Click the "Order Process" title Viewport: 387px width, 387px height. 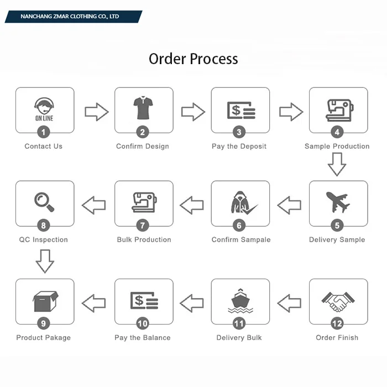193,59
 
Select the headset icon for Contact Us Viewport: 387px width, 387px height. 44,108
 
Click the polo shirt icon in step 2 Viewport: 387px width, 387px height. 143,108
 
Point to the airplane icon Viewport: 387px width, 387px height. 337,202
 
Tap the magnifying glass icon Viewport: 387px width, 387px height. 44,202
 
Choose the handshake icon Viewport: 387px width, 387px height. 337,301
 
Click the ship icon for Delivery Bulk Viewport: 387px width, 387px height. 240,301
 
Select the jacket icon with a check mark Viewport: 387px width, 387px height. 242,203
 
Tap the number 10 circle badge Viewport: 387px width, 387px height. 143,323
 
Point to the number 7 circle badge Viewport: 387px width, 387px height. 143,226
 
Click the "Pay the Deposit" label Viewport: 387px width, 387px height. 239,147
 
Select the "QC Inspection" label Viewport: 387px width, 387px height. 44,240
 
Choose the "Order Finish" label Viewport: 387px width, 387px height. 337,338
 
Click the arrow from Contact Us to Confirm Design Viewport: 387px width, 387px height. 96,112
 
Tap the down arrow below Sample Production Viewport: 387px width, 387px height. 337,164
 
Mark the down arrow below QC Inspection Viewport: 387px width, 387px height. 45,261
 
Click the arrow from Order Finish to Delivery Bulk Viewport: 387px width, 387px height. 289,302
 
